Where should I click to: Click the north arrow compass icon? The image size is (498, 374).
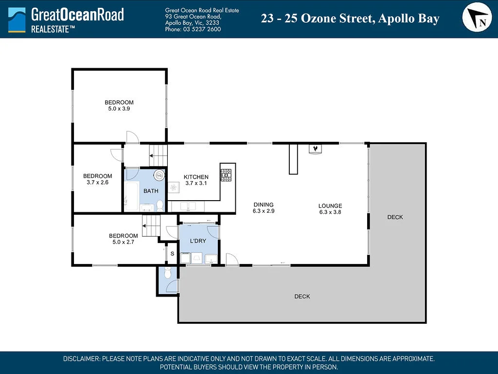(x=477, y=17)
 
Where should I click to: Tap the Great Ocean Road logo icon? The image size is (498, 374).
(x=17, y=19)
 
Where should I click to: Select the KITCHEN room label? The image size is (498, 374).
(x=196, y=177)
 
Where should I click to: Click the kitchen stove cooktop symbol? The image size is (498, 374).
(x=226, y=175)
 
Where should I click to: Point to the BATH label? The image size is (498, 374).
(x=151, y=191)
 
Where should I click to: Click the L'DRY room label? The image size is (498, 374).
(x=198, y=241)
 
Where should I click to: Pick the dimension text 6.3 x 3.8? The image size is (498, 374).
(x=330, y=212)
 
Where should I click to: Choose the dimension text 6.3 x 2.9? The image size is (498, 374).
(x=264, y=211)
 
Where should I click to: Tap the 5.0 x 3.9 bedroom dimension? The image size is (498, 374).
(x=119, y=109)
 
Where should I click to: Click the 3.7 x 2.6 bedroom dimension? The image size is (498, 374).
(x=97, y=182)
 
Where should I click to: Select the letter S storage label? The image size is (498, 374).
(x=173, y=254)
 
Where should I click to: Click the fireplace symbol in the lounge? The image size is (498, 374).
(x=315, y=149)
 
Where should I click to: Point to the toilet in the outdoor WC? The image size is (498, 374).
(x=168, y=273)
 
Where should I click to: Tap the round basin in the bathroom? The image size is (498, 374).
(x=159, y=174)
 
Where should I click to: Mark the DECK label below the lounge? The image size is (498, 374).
(x=302, y=297)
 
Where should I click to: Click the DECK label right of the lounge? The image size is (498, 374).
(x=395, y=217)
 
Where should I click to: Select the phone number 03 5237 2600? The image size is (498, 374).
(x=202, y=29)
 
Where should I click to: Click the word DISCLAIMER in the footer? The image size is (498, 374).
(x=82, y=359)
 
